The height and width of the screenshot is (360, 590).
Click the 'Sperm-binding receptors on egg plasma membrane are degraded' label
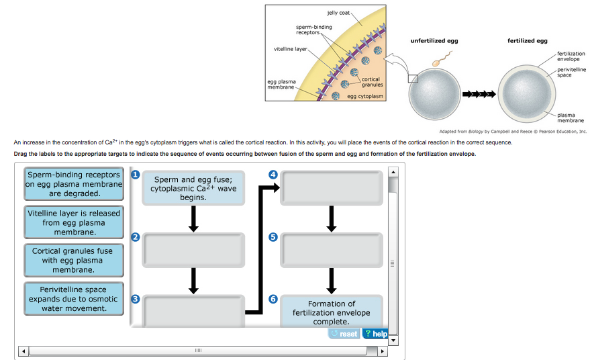point(74,184)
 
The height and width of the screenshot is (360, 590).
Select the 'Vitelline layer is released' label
point(74,222)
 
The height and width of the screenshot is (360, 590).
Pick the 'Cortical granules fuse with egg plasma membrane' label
point(74,260)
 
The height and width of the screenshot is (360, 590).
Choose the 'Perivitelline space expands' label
point(74,299)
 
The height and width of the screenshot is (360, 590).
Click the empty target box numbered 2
point(193,250)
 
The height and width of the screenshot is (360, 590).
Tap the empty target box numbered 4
point(332,188)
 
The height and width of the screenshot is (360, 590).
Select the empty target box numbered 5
point(332,250)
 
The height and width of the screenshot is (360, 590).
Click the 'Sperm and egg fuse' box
point(193,188)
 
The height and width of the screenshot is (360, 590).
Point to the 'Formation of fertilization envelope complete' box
point(332,312)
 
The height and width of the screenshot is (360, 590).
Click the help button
point(375,334)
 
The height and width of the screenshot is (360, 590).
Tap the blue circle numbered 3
point(136,299)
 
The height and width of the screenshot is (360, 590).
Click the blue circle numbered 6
point(273,299)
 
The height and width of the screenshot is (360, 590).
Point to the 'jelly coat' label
point(338,13)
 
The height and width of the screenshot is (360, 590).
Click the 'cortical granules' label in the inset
point(372,82)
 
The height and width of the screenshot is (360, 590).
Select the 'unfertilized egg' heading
point(434,41)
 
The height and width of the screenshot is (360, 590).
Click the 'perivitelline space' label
point(571,73)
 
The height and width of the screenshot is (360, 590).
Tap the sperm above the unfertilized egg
point(442,60)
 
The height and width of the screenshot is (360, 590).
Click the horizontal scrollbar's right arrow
point(383,351)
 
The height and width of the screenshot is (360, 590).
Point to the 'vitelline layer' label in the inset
point(290,49)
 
